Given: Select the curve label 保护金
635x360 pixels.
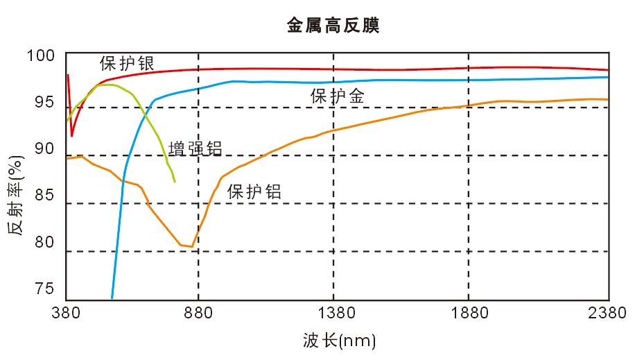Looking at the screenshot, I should tap(338, 96).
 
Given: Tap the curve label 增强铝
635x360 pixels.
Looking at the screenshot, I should tap(195, 149).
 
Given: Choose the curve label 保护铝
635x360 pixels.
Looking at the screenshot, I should tap(254, 192).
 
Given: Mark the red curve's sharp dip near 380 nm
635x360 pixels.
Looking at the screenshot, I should tap(71, 135).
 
